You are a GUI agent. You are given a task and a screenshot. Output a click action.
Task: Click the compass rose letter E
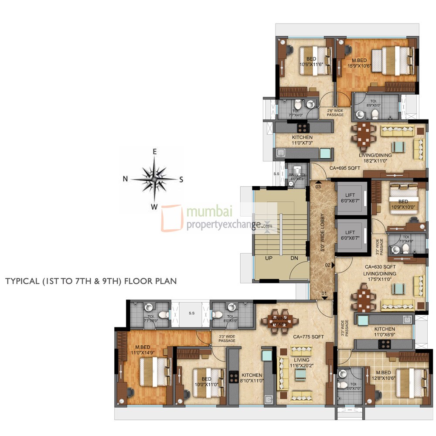(154, 152)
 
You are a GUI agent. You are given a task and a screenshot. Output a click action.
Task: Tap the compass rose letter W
(154, 207)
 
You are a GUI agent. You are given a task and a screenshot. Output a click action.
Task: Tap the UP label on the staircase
(269, 258)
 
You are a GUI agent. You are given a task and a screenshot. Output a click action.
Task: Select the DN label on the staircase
(294, 258)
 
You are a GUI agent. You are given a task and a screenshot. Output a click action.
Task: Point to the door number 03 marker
(318, 187)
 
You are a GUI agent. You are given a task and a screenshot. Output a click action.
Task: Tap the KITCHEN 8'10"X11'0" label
(252, 378)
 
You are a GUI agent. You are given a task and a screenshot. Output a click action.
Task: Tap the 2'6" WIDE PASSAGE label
(335, 113)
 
